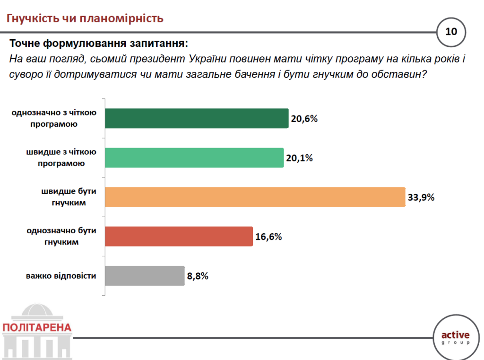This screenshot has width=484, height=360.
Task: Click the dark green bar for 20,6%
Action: (196, 118)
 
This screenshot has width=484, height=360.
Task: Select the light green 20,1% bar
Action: (194, 158)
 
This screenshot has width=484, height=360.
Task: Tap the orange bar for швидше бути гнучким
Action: (255, 197)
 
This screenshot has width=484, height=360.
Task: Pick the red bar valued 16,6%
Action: (179, 236)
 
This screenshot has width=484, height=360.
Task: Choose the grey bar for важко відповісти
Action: (144, 275)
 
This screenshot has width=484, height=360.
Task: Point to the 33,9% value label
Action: (421, 197)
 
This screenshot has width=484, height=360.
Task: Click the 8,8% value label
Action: (198, 276)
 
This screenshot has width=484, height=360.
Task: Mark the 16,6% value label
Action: (268, 237)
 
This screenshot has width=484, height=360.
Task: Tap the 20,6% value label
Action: (304, 119)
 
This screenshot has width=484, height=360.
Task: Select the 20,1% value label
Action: (299, 158)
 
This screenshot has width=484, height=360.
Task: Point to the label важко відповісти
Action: (61, 276)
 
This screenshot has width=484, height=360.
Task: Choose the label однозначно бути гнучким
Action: (61, 236)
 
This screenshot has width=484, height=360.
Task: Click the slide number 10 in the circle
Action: (451, 32)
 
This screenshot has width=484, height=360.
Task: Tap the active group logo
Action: (455, 337)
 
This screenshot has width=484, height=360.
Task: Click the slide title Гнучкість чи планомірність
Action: (85, 18)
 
